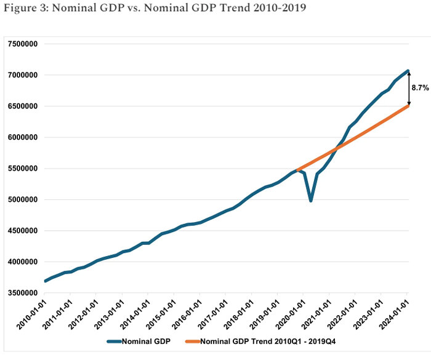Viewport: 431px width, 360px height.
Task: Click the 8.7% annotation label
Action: click(420, 88)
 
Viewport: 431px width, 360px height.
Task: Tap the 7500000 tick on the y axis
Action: click(21, 44)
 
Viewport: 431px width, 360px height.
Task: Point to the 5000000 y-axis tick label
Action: click(21, 199)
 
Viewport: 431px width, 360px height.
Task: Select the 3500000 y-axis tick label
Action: click(21, 293)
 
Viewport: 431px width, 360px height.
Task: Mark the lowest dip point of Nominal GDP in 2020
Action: click(311, 200)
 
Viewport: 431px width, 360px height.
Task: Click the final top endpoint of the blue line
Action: click(408, 71)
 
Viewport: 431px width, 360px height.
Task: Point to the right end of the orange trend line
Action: click(408, 106)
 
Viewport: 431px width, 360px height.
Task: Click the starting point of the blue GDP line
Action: click(44, 281)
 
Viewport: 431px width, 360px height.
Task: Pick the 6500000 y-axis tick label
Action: click(21, 106)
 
